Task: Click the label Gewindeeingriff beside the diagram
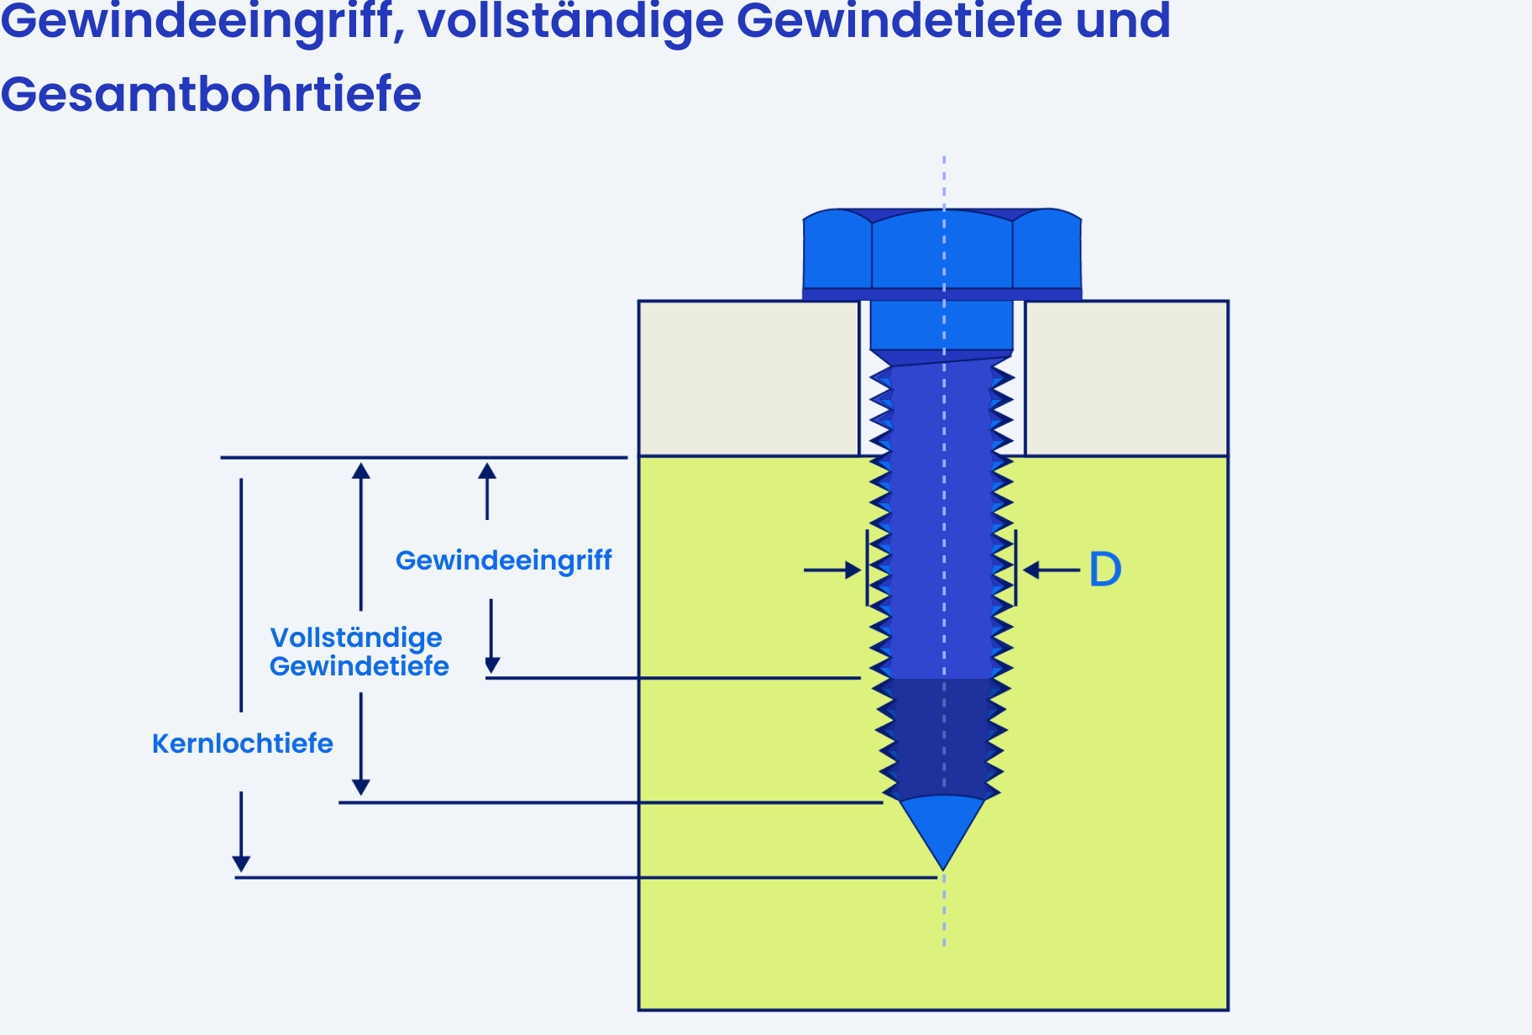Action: pyautogui.click(x=503, y=560)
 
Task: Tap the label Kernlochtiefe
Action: pyautogui.click(x=242, y=743)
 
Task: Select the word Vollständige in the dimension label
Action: pyautogui.click(x=356, y=638)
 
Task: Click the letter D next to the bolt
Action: pyautogui.click(x=1104, y=570)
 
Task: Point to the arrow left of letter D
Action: pyautogui.click(x=1052, y=570)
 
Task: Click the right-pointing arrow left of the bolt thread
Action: pyautogui.click(x=832, y=570)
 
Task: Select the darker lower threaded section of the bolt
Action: pyautogui.click(x=942, y=738)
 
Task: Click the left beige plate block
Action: pyautogui.click(x=749, y=379)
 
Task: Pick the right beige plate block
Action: pyautogui.click(x=1126, y=379)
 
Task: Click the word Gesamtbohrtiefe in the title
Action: pyautogui.click(x=211, y=93)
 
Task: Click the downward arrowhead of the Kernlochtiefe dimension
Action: pyautogui.click(x=241, y=864)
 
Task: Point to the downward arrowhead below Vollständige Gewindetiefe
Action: pyautogui.click(x=361, y=787)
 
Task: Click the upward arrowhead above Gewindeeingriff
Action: pyautogui.click(x=487, y=470)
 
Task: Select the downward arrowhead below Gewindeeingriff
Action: pyautogui.click(x=492, y=665)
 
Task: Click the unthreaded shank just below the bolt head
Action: pyautogui.click(x=942, y=325)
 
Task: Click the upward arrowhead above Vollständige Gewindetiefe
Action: pyautogui.click(x=361, y=470)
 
